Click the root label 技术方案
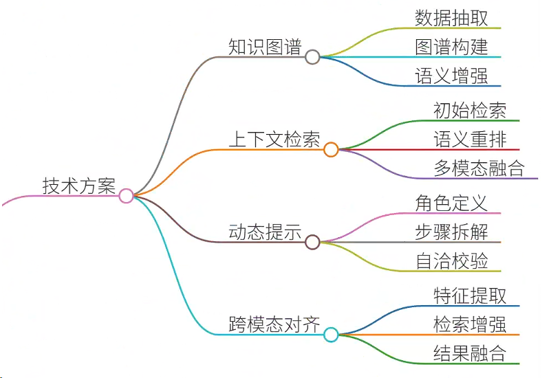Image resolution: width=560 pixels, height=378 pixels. pyautogui.click(x=79, y=186)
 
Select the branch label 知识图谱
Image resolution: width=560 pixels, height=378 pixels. pyautogui.click(x=265, y=47)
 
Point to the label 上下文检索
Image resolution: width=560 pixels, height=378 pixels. pyautogui.click(x=274, y=140)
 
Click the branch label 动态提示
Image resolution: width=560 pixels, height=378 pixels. pyautogui.click(x=265, y=232)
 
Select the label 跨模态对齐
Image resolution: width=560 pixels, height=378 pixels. pyautogui.click(x=274, y=324)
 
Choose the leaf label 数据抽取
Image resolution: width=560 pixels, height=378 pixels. pyautogui.click(x=451, y=18)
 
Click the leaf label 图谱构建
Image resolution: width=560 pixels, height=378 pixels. pyautogui.click(x=451, y=47)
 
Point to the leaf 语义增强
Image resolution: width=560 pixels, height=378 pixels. pyautogui.click(x=451, y=76)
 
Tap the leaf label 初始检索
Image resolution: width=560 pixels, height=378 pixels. pyautogui.click(x=470, y=110)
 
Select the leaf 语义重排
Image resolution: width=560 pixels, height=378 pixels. pyautogui.click(x=470, y=140)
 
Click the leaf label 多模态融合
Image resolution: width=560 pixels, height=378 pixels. pyautogui.click(x=480, y=168)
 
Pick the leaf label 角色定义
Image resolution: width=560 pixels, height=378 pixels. pyautogui.click(x=451, y=203)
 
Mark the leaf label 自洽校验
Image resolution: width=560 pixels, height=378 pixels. pyautogui.click(x=451, y=261)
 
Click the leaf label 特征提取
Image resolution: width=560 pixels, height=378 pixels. pyautogui.click(x=470, y=296)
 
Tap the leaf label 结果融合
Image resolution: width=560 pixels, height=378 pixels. pyautogui.click(x=470, y=353)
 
